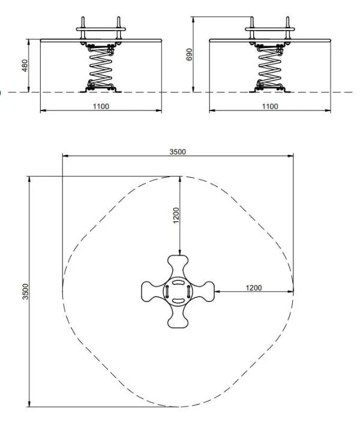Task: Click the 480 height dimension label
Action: [x=25, y=65]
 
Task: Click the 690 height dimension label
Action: [x=190, y=55]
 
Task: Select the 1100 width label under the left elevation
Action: [x=101, y=107]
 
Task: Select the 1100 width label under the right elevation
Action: [x=270, y=107]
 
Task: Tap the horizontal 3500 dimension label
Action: [x=178, y=152]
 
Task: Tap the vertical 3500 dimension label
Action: [x=25, y=291]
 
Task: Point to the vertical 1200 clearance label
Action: [x=176, y=216]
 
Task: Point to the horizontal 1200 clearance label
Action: [x=254, y=288]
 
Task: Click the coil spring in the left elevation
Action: [x=101, y=67]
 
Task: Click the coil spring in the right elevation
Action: [x=269, y=67]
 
